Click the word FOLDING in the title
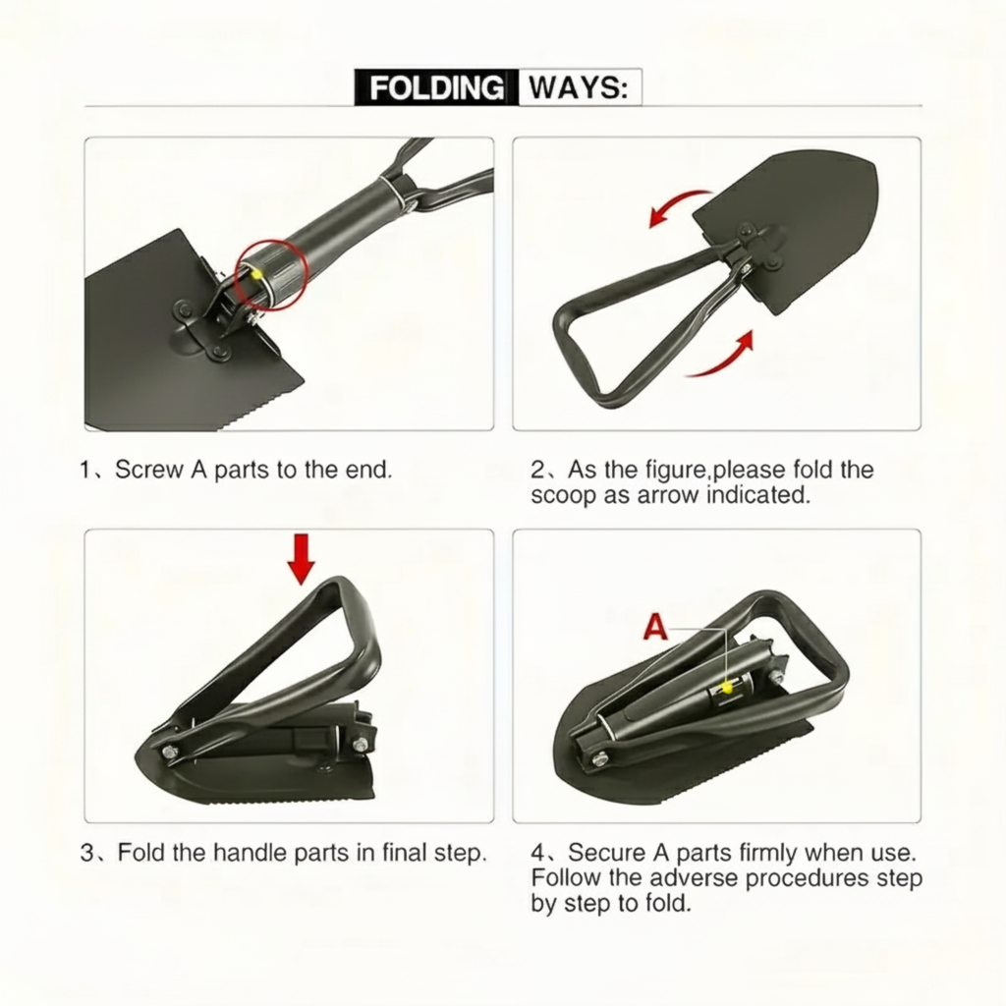(435, 87)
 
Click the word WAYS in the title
(578, 87)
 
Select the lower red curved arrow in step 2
(722, 359)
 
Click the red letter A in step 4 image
(656, 628)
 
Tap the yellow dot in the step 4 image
(727, 688)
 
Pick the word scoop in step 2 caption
(563, 495)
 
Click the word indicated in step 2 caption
(759, 495)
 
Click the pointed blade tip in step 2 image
(873, 169)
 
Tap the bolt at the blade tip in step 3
(170, 752)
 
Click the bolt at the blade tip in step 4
(597, 757)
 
